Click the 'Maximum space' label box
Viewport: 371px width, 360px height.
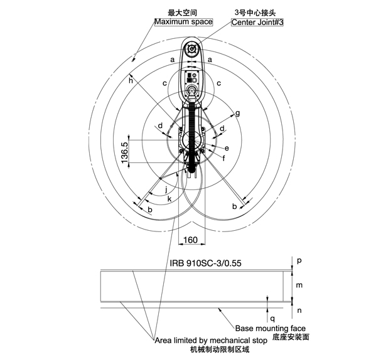pyautogui.click(x=183, y=22)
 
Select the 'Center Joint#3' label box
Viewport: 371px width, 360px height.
pyautogui.click(x=257, y=22)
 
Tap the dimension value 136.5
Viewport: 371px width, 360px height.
pyautogui.click(x=125, y=152)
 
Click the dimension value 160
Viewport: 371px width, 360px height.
pyautogui.click(x=190, y=240)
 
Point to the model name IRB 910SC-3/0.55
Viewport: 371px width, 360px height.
pyautogui.click(x=206, y=263)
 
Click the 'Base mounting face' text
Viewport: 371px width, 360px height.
pyautogui.click(x=271, y=328)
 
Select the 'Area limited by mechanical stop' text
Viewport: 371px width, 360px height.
pyautogui.click(x=211, y=341)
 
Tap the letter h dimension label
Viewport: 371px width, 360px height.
pyautogui.click(x=131, y=80)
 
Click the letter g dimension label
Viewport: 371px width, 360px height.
pyautogui.click(x=238, y=114)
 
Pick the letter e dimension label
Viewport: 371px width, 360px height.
pyautogui.click(x=227, y=148)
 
